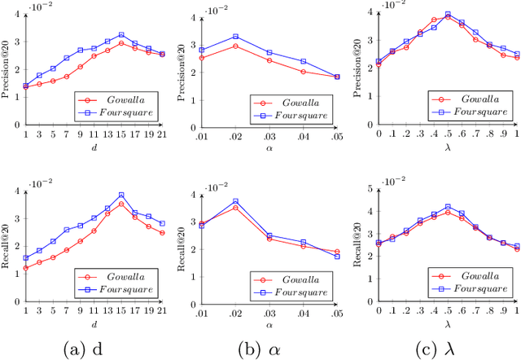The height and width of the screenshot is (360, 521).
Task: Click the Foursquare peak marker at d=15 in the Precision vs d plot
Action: tap(120, 35)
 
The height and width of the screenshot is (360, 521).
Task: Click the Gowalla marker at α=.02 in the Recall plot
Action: tap(235, 208)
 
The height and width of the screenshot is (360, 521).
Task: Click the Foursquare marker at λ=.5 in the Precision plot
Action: tap(448, 14)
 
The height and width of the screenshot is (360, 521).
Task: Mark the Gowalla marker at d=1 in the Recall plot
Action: tap(25, 267)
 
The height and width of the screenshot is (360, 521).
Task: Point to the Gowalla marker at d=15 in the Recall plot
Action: tap(120, 204)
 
